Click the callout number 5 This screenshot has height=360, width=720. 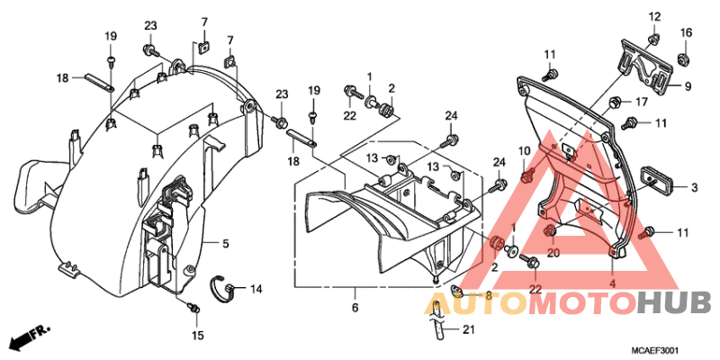coord(226,244)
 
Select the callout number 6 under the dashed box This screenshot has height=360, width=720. coord(355,308)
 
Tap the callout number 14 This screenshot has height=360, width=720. coord(256,289)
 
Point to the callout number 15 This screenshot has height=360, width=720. coord(197,336)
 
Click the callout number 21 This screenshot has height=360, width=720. coord(468,329)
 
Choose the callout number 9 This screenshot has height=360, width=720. coord(688,85)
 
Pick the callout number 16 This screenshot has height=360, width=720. coord(686,32)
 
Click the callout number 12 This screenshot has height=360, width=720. coord(654,17)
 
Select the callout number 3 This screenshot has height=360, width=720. coord(694,187)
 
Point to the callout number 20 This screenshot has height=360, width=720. coord(553,253)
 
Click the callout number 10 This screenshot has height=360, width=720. coord(525,150)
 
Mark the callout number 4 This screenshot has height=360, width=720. coord(612,283)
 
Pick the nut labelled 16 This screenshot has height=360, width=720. coord(684,59)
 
